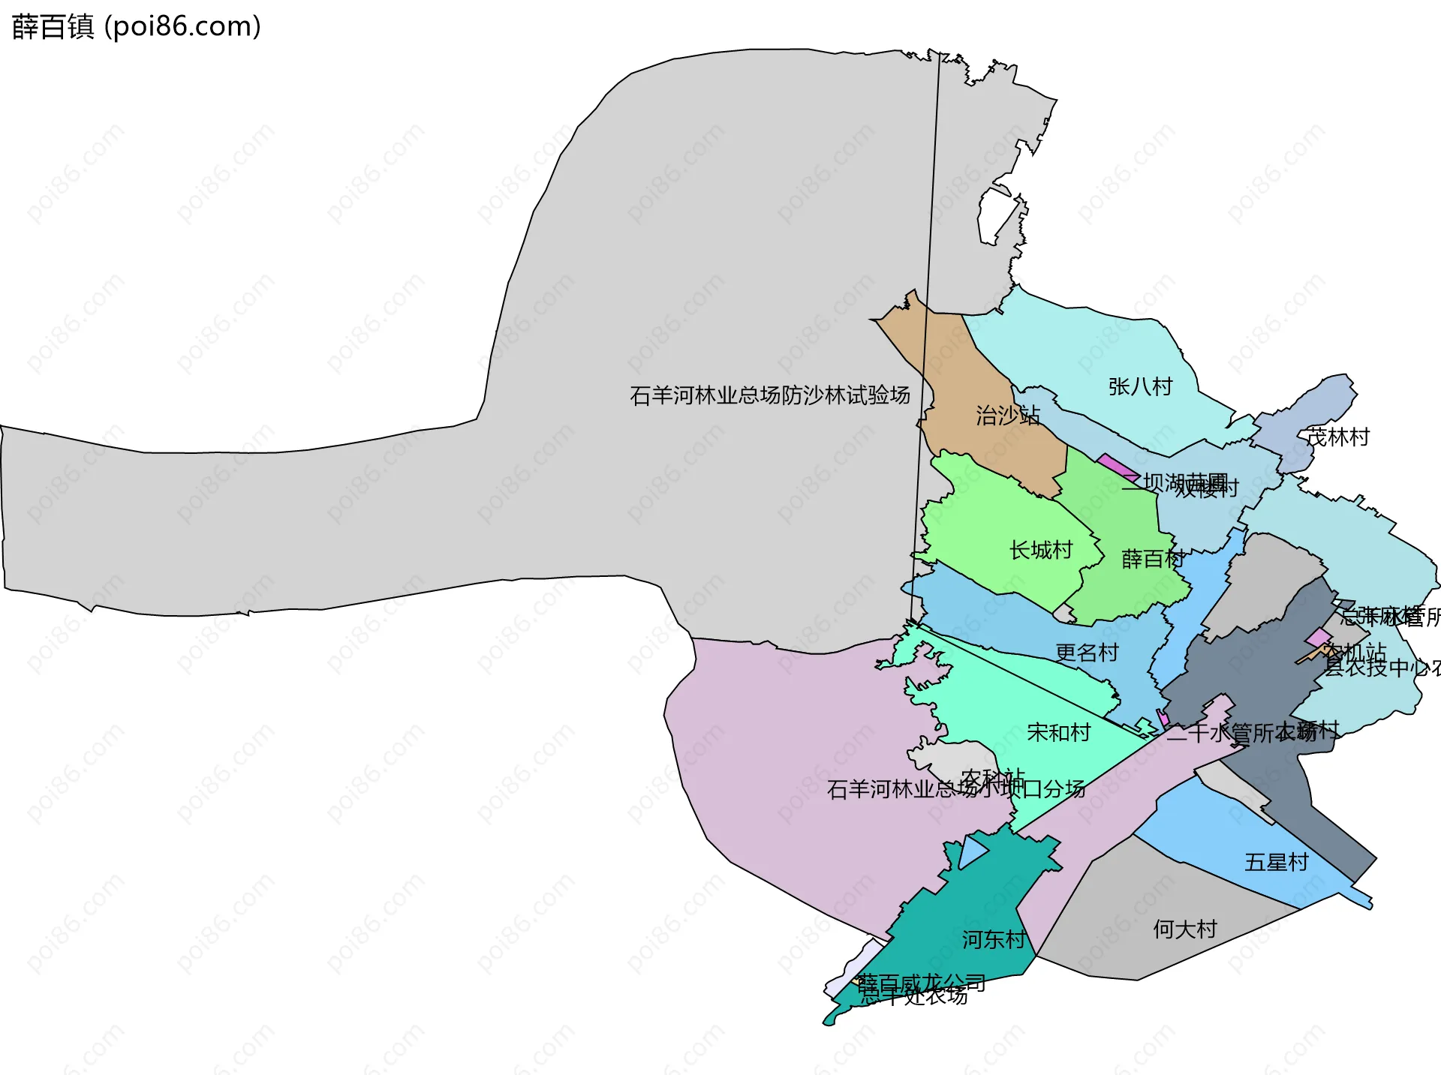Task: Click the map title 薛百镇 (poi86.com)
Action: (137, 26)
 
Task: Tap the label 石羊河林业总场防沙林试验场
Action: (770, 395)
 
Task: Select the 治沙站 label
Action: (1008, 415)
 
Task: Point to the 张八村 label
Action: (1140, 386)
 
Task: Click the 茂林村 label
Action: (1338, 437)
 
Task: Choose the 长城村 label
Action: (1041, 550)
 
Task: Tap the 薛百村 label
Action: (1153, 559)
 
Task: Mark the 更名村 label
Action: (1087, 652)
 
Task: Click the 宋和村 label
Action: (1058, 732)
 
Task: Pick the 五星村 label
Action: (1276, 862)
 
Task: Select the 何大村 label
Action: (1184, 929)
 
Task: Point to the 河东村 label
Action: (994, 939)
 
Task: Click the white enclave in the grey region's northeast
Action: (997, 214)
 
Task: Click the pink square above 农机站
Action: (1319, 638)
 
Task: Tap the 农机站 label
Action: (1355, 652)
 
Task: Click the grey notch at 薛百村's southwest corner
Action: (1063, 614)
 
